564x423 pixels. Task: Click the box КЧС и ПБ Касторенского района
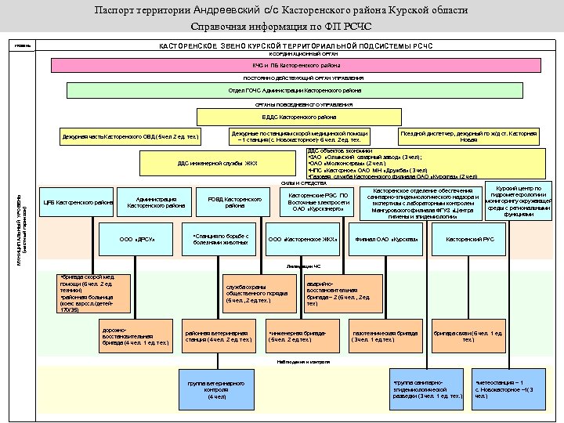[x=284, y=66]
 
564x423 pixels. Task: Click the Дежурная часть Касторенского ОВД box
[x=130, y=137]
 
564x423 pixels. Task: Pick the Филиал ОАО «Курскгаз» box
[x=387, y=239]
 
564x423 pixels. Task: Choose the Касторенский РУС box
[x=470, y=239]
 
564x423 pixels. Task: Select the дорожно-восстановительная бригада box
[x=136, y=336]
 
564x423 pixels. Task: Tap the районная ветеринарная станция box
[x=218, y=336]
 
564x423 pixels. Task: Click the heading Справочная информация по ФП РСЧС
[x=282, y=27]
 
